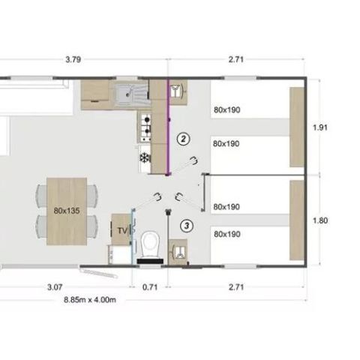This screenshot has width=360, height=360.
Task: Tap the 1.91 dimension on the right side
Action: click(x=320, y=127)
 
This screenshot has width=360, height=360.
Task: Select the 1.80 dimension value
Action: click(x=320, y=221)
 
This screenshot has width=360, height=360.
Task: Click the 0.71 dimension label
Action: click(x=151, y=286)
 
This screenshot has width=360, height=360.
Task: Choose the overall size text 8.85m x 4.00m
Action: click(x=89, y=298)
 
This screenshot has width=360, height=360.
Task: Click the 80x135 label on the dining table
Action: click(x=66, y=211)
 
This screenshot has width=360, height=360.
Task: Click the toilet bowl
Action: click(x=150, y=241)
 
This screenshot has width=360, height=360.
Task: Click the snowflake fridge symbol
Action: click(x=144, y=158)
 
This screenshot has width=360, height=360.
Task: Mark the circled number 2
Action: click(x=181, y=138)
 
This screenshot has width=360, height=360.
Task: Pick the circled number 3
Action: click(x=187, y=224)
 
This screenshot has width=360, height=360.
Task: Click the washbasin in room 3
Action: click(x=178, y=248)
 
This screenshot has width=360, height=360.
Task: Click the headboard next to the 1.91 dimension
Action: click(x=297, y=126)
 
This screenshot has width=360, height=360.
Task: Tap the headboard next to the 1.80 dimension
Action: click(x=297, y=219)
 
